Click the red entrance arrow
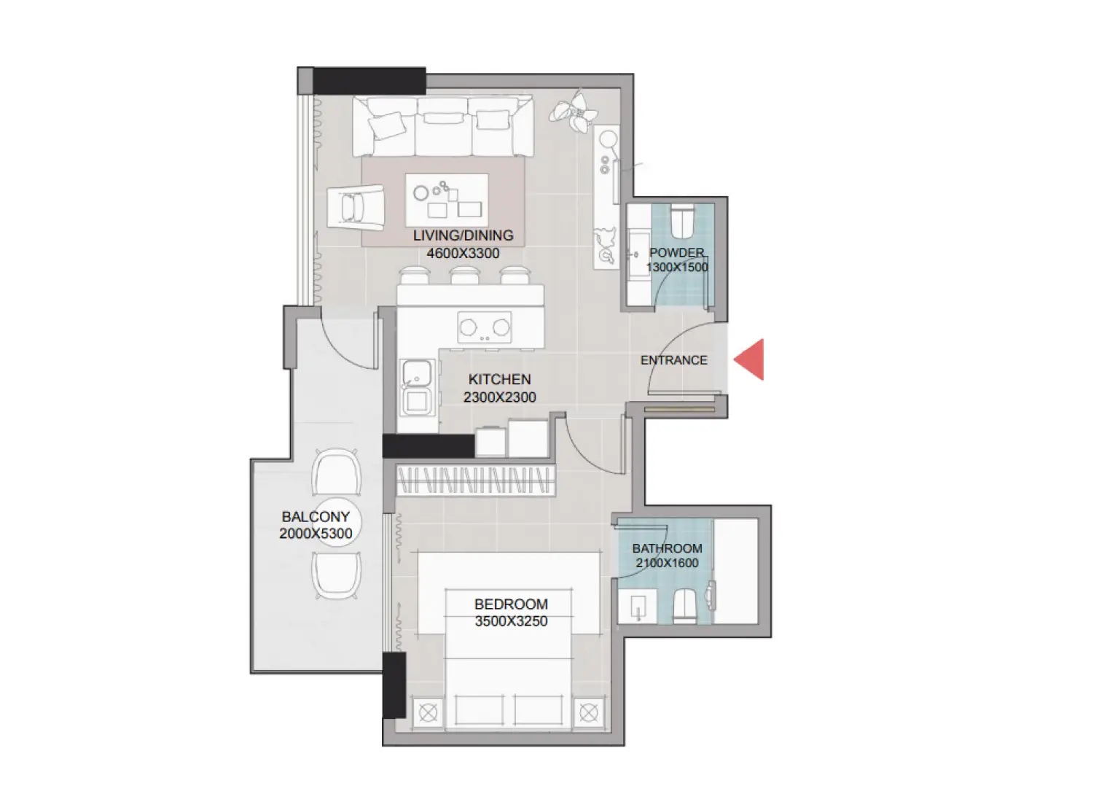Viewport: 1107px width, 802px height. [751, 359]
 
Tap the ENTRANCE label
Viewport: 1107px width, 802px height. [673, 360]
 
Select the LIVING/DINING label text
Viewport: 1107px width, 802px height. [463, 235]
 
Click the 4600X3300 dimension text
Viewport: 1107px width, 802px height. [463, 254]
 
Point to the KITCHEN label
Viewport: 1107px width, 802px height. [499, 379]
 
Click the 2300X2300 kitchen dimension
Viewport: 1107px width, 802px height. [499, 397]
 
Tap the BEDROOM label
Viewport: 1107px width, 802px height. [510, 604]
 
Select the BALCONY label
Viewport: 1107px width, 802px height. [316, 516]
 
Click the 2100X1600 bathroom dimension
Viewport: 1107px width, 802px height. [667, 563]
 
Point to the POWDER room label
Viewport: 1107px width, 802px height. [676, 252]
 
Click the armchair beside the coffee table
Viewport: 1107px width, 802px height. [355, 207]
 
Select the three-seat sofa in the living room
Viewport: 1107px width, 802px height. [442, 126]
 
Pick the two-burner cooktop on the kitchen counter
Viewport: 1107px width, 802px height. [484, 328]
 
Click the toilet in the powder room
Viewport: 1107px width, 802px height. [681, 222]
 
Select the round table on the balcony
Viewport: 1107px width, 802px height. [337, 523]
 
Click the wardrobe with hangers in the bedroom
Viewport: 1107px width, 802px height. [474, 480]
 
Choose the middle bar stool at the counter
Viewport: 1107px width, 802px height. [464, 276]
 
